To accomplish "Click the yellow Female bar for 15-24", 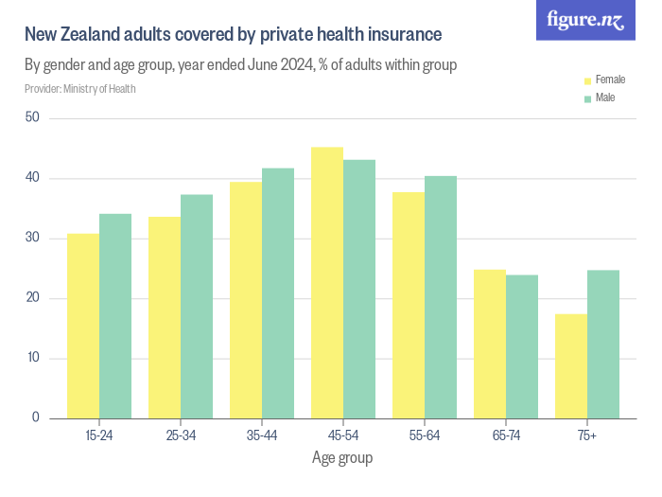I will coord(83,326).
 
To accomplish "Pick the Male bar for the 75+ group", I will coord(603,345).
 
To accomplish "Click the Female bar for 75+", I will coord(571,366).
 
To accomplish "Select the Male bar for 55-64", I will coord(441,297).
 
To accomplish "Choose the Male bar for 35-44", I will coord(278,293).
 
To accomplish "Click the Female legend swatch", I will coord(587,80).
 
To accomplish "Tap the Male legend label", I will coord(605,98).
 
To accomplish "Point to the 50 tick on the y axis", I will coord(33,118).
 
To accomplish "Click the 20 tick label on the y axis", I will coord(33,298).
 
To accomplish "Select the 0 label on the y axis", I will coord(36,418).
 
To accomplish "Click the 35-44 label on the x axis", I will coord(262,435).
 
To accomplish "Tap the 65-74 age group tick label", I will coord(506,435).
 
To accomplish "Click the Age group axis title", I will coord(342,458).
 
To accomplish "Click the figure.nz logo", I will coord(585,21).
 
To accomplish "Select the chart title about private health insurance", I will coord(233,35).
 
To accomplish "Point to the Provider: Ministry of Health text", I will coord(80,89).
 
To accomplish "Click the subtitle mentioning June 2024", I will coord(241,65).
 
